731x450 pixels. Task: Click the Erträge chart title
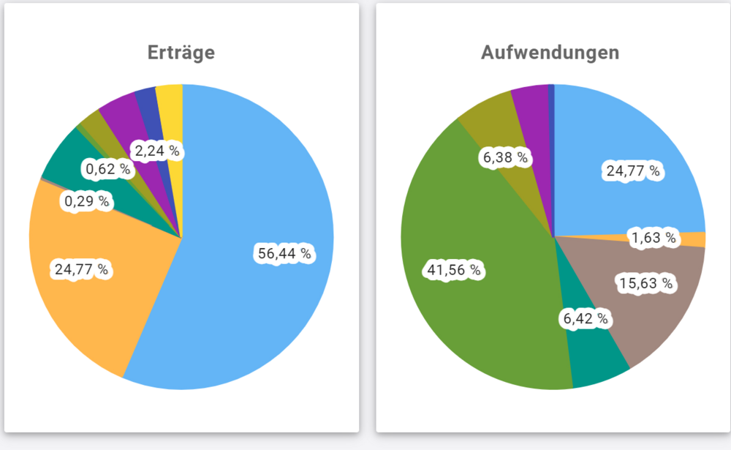coord(181,53)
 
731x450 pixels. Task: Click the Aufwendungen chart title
coord(550,53)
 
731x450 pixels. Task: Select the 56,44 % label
coord(284,254)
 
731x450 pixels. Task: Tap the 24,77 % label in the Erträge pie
coord(81,269)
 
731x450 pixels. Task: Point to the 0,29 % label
coord(86,200)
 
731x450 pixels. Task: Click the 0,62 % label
coord(107,169)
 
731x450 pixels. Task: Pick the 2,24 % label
coord(156,151)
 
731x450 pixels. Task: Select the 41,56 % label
coord(454,271)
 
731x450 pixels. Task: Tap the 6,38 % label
coord(504,157)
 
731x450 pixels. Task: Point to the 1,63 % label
coord(655,239)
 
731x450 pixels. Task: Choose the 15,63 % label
coord(645,282)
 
